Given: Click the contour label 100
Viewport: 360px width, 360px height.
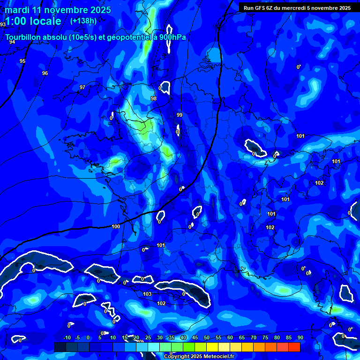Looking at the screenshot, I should (x=116, y=226).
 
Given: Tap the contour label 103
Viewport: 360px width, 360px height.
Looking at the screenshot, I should (x=147, y=294).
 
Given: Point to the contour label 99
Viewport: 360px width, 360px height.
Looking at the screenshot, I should (x=180, y=115).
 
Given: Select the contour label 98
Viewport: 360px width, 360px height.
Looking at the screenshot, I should (x=154, y=98).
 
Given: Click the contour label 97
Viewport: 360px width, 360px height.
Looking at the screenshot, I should (x=82, y=88).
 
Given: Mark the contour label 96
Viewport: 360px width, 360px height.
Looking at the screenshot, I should (x=45, y=73).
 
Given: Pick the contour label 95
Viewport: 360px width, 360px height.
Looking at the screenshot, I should (x=22, y=61).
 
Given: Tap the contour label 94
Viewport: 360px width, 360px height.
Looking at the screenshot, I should (x=12, y=42).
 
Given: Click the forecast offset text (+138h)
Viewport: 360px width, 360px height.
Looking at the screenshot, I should (x=83, y=21).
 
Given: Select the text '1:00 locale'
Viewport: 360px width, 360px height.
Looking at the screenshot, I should (x=33, y=21).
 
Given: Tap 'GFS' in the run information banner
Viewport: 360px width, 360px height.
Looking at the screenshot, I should (x=259, y=8).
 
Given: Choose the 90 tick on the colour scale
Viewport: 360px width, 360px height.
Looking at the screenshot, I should (x=300, y=338).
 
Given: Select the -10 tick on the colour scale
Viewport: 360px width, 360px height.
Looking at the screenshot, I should (x=67, y=338).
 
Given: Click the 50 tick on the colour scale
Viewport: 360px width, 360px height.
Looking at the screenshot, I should (x=207, y=338).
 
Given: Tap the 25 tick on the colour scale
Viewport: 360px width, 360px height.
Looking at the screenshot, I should (x=148, y=338).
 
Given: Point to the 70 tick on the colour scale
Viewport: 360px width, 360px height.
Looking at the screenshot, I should (x=254, y=338).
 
